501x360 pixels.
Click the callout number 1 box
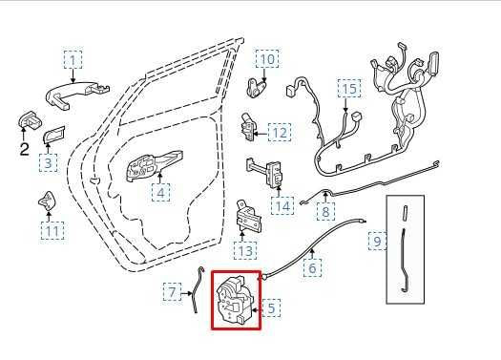[73, 59]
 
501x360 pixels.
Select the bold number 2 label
[24, 149]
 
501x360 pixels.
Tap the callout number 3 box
[48, 162]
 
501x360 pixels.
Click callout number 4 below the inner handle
[160, 193]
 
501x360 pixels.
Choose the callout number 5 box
[271, 307]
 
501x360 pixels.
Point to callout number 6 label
[312, 267]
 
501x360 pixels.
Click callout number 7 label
[172, 291]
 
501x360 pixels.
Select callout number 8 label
[325, 211]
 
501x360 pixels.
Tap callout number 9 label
[377, 241]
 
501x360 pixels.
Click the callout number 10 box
[267, 59]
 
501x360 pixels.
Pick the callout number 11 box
[52, 231]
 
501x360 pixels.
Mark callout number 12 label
[280, 133]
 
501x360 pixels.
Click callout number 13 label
[245, 250]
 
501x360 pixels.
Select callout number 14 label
[282, 205]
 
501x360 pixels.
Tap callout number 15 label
[349, 88]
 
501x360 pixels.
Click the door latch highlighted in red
[235, 300]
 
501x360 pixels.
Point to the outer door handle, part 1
[77, 95]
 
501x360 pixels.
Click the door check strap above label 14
[264, 173]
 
